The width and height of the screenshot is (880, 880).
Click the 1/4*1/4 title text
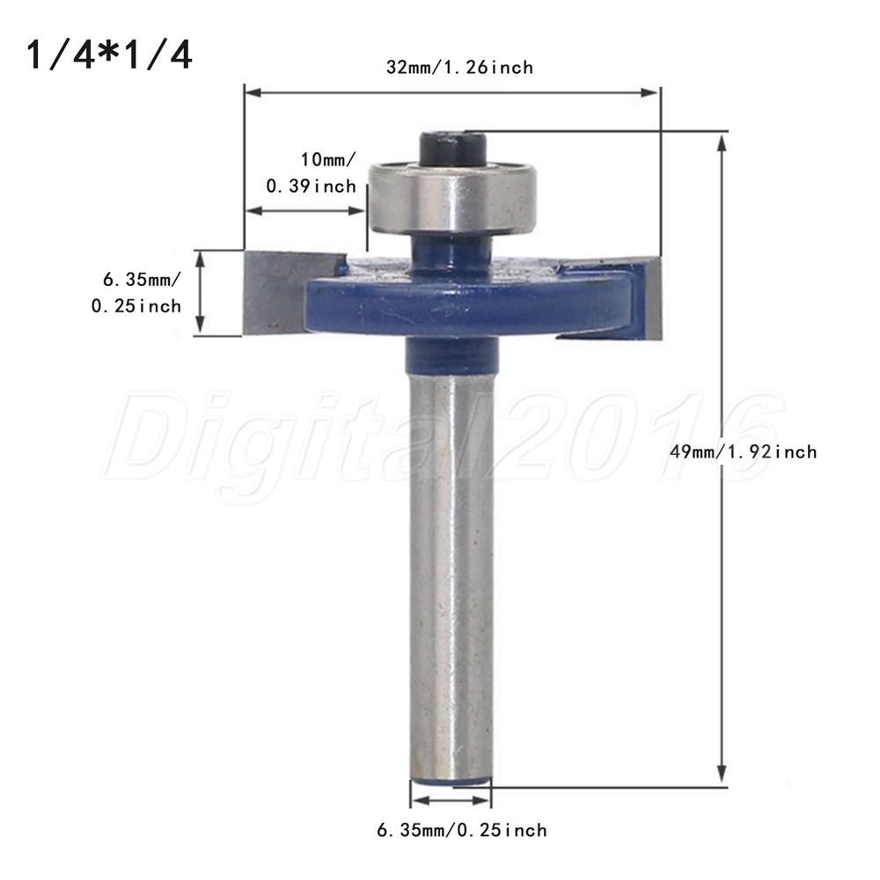pos(109,55)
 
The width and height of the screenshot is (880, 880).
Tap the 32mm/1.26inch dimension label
pos(459,68)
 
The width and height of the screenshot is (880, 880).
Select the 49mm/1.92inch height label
pos(744,451)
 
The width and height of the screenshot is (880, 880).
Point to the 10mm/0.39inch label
pos(311,172)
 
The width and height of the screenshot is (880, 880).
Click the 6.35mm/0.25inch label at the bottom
pos(462,830)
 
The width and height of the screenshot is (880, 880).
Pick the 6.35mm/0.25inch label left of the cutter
pos(136,292)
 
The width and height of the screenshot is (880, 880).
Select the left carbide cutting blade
pos(275,292)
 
